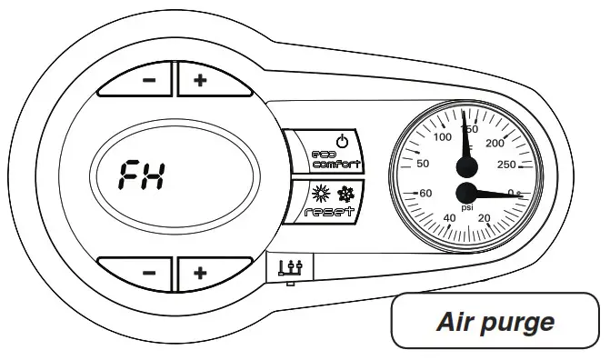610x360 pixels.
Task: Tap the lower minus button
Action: [x=150, y=272]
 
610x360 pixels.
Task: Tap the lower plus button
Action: [x=200, y=272]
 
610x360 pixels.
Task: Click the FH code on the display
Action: [x=143, y=175]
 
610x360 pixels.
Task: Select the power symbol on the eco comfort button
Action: [x=342, y=142]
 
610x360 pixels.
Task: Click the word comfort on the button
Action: [x=336, y=165]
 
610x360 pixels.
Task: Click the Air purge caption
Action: [x=495, y=322]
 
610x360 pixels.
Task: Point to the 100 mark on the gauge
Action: [x=444, y=137]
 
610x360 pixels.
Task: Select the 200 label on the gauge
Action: [x=496, y=143]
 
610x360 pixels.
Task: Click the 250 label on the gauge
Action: [x=507, y=164]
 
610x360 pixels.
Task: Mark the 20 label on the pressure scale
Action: [x=484, y=217]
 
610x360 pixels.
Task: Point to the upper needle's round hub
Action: [x=466, y=165]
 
